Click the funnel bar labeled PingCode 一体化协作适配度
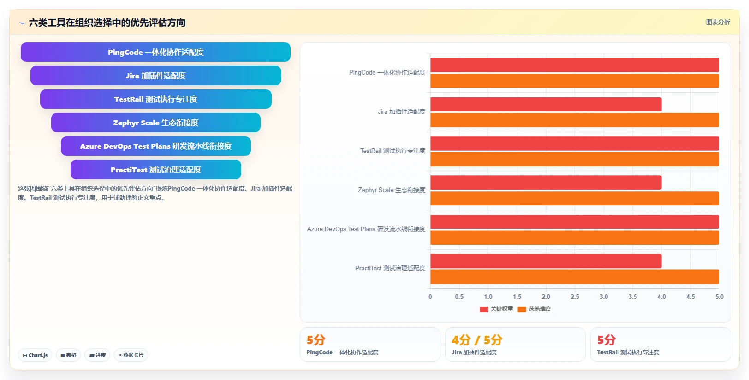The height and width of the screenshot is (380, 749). point(155,52)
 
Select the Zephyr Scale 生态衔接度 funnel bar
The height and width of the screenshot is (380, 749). point(156,123)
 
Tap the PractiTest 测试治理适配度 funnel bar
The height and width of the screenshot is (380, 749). point(156,170)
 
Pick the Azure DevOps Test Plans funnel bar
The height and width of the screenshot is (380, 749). point(156,146)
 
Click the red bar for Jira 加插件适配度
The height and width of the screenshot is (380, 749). point(546,104)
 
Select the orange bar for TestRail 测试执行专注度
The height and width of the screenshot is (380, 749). point(575,159)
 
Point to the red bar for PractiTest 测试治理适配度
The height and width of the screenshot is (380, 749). point(546,261)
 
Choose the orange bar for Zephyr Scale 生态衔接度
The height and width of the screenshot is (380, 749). point(575,199)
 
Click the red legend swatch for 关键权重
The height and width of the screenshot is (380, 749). point(484,309)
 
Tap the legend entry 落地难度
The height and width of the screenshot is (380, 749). point(535,309)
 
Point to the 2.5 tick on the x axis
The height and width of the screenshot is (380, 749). point(575,297)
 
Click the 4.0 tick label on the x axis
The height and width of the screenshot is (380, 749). point(661,297)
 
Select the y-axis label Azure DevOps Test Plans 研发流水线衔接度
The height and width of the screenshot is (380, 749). point(366,229)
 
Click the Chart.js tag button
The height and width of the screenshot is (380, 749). point(35,355)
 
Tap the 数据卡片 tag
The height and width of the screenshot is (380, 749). point(131,355)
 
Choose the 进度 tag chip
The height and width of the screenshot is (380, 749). point(97,355)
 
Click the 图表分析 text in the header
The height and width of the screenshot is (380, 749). point(718,23)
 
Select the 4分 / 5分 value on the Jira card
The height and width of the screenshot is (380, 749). point(477,340)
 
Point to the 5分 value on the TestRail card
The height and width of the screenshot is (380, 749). point(606,340)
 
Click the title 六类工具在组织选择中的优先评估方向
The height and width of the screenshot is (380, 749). point(107,23)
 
